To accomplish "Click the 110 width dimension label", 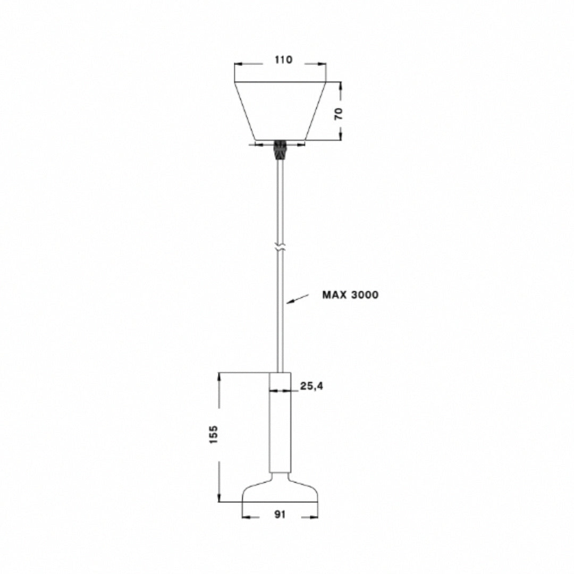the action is pyautogui.click(x=283, y=60).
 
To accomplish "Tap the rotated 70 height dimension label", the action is pyautogui.click(x=339, y=114).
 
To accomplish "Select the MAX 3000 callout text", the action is pyautogui.click(x=350, y=294).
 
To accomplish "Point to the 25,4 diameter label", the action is pyautogui.click(x=311, y=386).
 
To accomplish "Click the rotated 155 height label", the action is pyautogui.click(x=213, y=435).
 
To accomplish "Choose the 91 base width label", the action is pyautogui.click(x=280, y=514).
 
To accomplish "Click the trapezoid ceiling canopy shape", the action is pyautogui.click(x=280, y=111).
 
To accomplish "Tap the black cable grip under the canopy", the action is pyautogui.click(x=280, y=149).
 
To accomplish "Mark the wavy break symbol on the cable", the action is pyautogui.click(x=280, y=247).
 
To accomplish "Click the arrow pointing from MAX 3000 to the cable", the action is pyautogui.click(x=298, y=298).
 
